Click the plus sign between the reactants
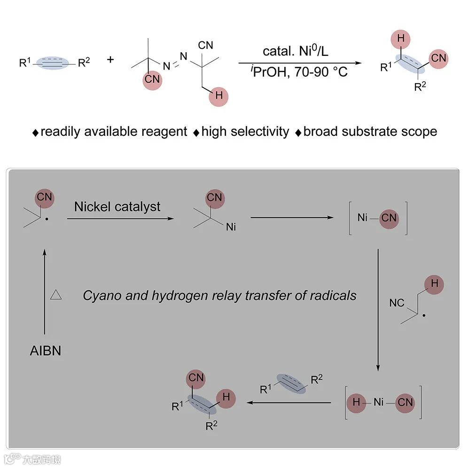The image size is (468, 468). [111, 60]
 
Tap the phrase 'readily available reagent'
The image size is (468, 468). [114, 132]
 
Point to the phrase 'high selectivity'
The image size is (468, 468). [245, 132]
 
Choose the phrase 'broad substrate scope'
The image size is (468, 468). [370, 132]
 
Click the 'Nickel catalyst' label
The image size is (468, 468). [117, 206]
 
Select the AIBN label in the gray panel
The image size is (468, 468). [45, 351]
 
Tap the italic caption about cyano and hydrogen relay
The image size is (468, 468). [219, 296]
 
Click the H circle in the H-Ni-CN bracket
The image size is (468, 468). [356, 402]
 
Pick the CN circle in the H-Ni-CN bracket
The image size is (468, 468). [405, 402]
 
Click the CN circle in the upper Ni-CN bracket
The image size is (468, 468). [389, 218]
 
